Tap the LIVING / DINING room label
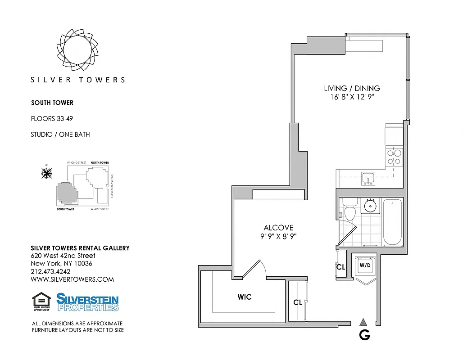[x=352, y=88]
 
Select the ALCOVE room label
[x=278, y=228]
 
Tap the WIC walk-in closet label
[x=245, y=297]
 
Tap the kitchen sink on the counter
[x=368, y=179]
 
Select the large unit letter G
[x=364, y=335]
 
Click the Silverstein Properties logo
[x=87, y=302]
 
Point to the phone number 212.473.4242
[x=50, y=271]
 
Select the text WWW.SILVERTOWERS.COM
[x=72, y=279]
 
